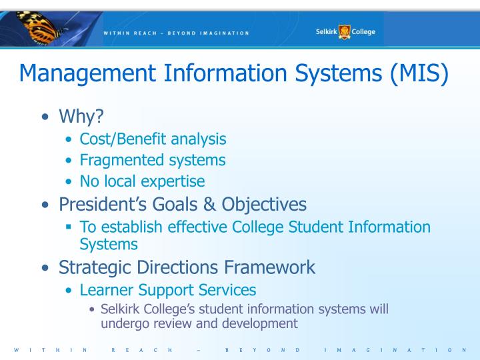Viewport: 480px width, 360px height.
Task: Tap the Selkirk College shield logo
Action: point(345,31)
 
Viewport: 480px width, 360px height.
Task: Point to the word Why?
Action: point(81,117)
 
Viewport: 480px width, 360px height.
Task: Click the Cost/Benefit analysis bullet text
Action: point(153,139)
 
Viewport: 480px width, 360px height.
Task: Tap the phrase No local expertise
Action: point(142,181)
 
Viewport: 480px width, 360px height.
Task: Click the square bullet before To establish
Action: point(69,227)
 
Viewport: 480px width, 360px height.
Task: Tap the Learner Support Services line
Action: point(168,290)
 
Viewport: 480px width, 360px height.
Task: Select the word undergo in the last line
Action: point(123,323)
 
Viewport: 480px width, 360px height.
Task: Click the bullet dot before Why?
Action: point(45,118)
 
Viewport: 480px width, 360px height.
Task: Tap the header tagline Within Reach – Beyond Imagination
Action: point(176,33)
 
